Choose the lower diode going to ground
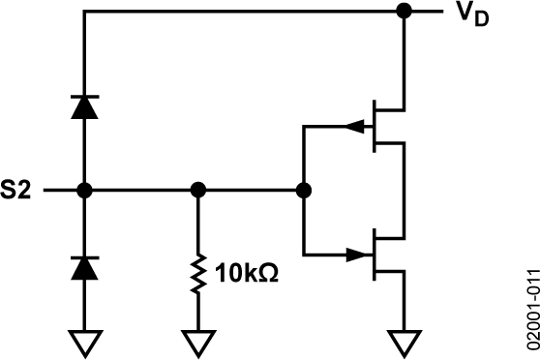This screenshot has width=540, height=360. (x=85, y=266)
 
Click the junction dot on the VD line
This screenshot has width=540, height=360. (x=403, y=12)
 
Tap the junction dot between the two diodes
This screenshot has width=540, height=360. (x=85, y=190)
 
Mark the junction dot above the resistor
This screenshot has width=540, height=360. (x=197, y=190)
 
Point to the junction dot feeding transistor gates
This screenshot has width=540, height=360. (x=304, y=190)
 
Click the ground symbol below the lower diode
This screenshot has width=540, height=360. (x=85, y=342)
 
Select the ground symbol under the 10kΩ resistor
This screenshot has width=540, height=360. (x=197, y=342)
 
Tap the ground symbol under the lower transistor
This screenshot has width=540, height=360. (x=403, y=342)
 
